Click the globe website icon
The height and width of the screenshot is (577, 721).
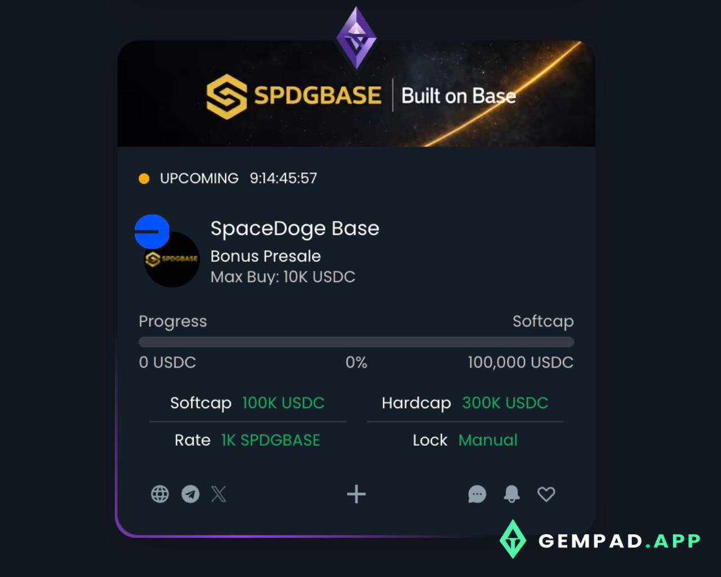tap(160, 494)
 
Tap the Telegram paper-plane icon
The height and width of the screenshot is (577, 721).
tap(190, 494)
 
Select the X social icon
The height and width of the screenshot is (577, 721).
tap(219, 494)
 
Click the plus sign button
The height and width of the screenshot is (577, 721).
tap(356, 494)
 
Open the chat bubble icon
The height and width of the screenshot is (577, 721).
tap(477, 494)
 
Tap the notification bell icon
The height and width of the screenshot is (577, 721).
tap(511, 494)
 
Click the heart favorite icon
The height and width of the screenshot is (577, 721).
tap(546, 494)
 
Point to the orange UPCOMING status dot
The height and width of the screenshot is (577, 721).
tap(144, 179)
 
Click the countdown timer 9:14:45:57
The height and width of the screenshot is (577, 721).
tap(283, 179)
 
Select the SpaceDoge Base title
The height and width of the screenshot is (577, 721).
tap(295, 229)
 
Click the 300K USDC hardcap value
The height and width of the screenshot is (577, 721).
tap(505, 403)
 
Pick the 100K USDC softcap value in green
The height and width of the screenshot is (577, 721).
tap(283, 403)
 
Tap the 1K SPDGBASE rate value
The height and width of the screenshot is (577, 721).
tap(271, 440)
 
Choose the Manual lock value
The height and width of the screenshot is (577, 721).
tap(488, 440)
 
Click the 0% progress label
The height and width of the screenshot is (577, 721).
tap(356, 362)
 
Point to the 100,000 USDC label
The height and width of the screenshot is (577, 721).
tap(520, 362)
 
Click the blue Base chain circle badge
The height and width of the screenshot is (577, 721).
tap(152, 232)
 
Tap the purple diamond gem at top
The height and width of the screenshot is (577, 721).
tap(356, 38)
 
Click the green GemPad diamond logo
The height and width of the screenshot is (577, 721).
tap(513, 539)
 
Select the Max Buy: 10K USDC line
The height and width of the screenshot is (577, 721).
tap(283, 277)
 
